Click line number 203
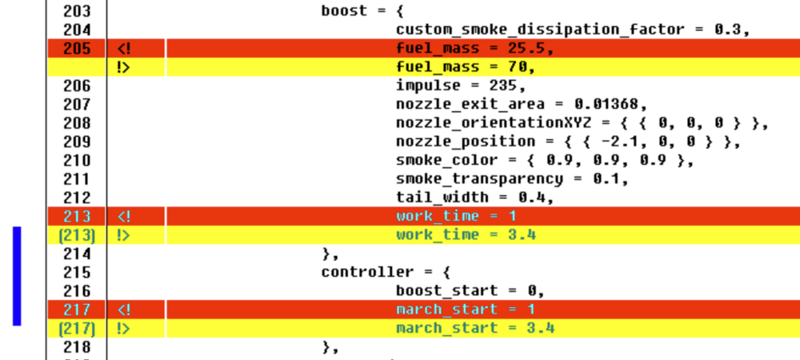tap(76, 11)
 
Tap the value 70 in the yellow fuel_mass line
tap(522, 67)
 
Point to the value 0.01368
tap(609, 104)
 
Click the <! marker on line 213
tap(123, 216)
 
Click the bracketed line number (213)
tap(76, 235)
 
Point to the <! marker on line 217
tap(123, 310)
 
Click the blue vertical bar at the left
tap(17, 276)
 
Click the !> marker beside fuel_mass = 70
tap(123, 67)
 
